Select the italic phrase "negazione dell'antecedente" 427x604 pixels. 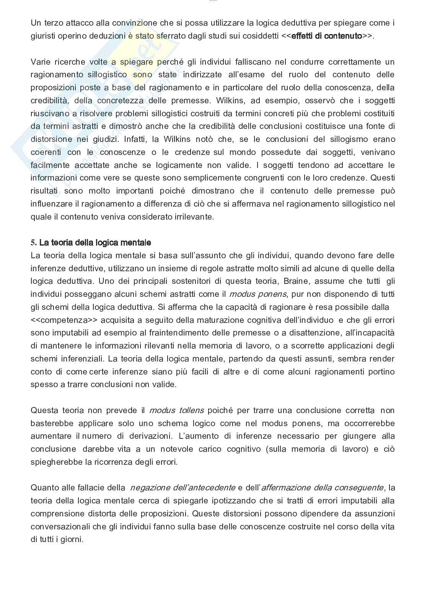pos(183,488)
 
